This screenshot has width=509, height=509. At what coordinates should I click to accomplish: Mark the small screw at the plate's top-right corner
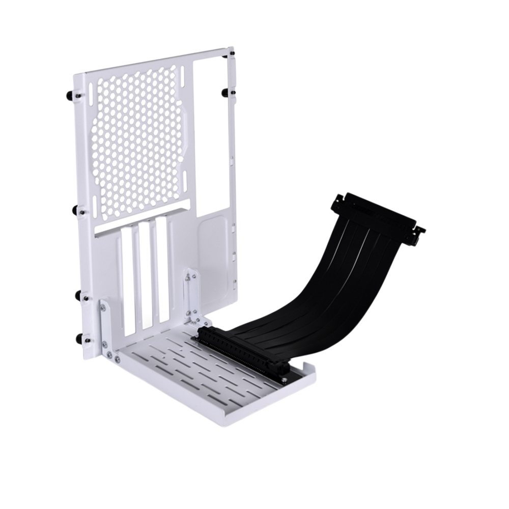(232, 52)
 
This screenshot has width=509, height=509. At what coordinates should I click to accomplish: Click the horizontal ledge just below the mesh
(143, 216)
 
